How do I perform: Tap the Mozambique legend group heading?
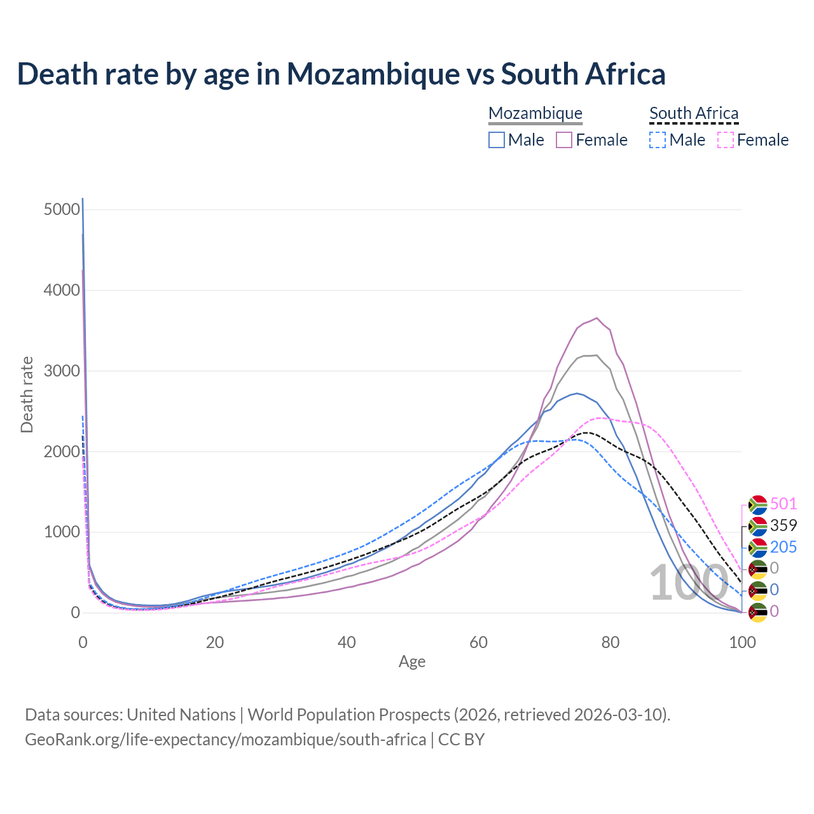coord(535,113)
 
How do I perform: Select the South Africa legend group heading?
coord(694,113)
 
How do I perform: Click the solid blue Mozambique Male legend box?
coord(497,140)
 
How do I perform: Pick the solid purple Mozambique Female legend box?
coord(565,140)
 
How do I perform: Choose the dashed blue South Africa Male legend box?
coord(658,140)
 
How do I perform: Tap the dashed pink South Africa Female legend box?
coord(726,140)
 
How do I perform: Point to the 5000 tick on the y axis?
coord(62,210)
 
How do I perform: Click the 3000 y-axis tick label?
coord(62,371)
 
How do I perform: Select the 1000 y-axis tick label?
coord(62,532)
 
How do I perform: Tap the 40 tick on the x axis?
coord(347,642)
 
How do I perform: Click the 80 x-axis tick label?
coord(610,642)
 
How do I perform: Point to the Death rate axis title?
coord(27,394)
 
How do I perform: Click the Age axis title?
coord(412,662)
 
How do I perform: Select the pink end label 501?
coord(783,504)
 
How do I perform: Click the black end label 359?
coord(783,525)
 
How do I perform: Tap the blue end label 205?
coord(783,547)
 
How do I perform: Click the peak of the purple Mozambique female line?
coord(597,318)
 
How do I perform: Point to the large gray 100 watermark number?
coord(688,583)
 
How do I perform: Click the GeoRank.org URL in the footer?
coord(226,740)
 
